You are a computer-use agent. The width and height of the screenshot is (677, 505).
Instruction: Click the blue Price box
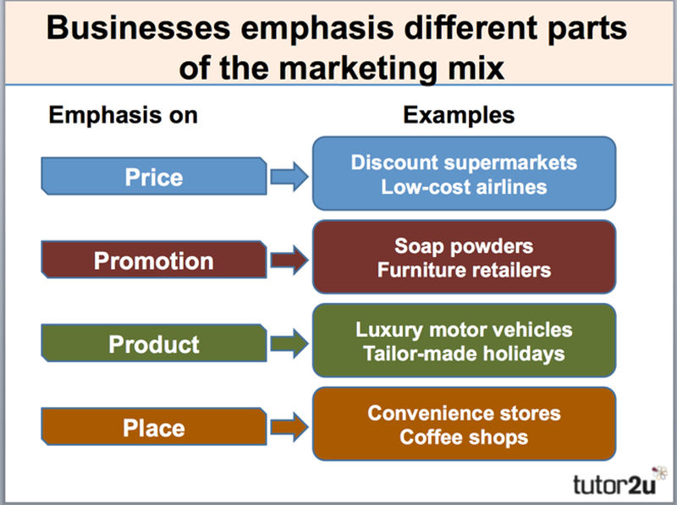click(153, 177)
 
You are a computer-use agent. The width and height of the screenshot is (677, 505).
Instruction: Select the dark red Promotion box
click(153, 260)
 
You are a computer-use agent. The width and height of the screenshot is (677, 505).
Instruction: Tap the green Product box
click(153, 344)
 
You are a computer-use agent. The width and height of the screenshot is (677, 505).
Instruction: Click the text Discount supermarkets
click(464, 162)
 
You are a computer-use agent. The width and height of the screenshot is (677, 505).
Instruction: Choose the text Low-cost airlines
click(464, 186)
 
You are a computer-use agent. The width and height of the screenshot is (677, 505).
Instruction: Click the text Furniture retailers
click(464, 270)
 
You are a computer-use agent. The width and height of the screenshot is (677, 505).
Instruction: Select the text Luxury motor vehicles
click(464, 329)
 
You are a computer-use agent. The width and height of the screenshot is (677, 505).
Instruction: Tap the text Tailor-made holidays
click(464, 353)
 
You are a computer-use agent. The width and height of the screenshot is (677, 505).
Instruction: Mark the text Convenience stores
click(464, 413)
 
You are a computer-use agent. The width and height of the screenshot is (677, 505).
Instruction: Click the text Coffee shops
click(464, 436)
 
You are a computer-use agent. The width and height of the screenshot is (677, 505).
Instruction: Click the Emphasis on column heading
click(123, 116)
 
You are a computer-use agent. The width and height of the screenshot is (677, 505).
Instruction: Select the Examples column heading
click(459, 116)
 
